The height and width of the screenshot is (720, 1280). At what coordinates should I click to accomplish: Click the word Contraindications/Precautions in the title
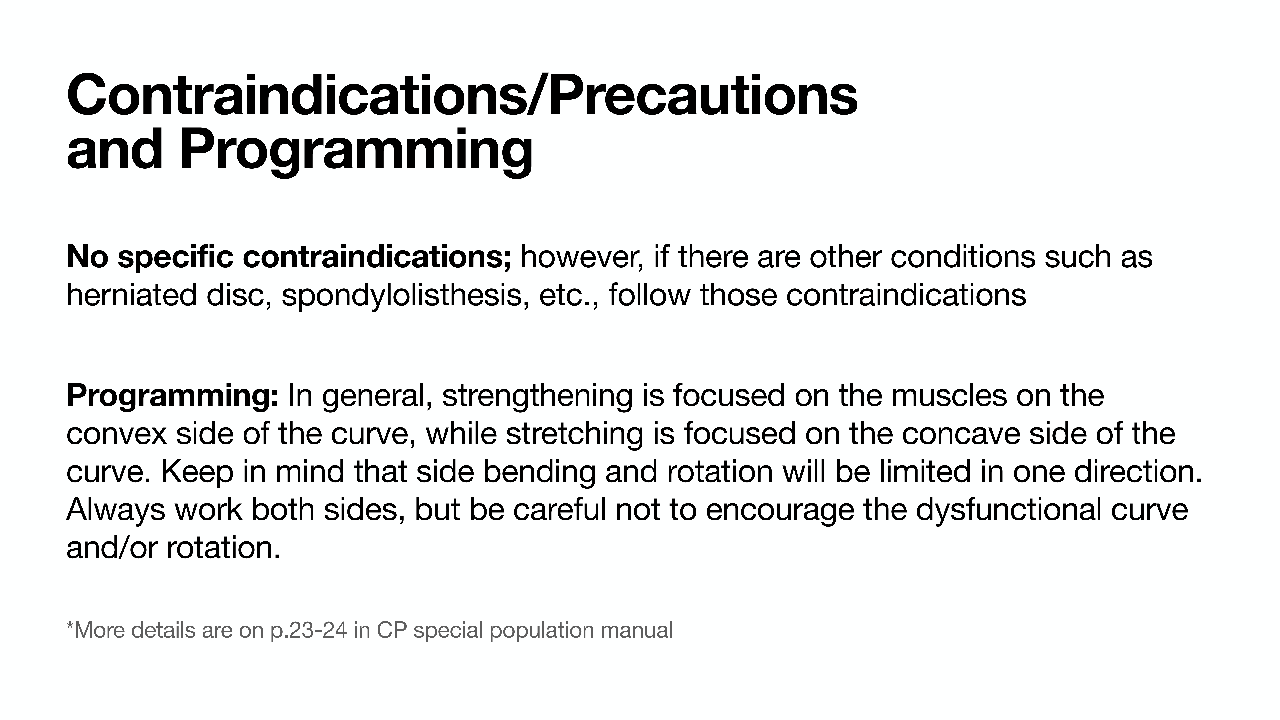pos(462,94)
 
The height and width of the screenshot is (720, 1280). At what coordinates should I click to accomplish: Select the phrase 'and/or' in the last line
pos(112,548)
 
